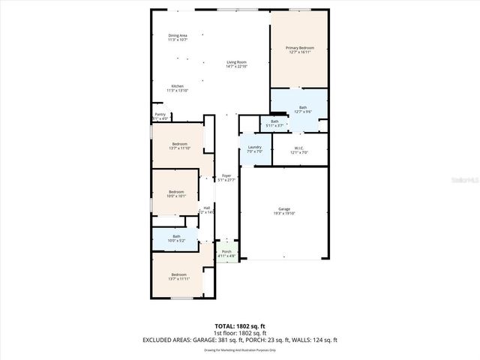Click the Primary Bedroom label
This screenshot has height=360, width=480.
[x=299, y=50]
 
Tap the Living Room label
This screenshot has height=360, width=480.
[x=237, y=64]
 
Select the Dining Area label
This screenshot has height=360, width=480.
[x=178, y=37]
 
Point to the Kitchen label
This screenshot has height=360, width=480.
[x=178, y=88]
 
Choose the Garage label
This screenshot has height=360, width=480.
[x=283, y=211]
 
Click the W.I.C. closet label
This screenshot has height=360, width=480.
[x=298, y=150]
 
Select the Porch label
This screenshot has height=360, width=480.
[x=226, y=254]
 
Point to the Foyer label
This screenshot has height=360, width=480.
[x=226, y=178]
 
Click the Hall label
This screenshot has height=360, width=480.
[x=207, y=210]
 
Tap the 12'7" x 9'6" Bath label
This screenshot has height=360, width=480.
[x=302, y=110]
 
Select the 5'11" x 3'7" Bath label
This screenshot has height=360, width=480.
[x=274, y=124]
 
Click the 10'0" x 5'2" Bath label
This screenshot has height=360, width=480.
[x=176, y=238]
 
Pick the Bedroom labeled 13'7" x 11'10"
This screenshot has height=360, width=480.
[x=179, y=146]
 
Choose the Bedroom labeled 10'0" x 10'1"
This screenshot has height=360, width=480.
[x=176, y=193]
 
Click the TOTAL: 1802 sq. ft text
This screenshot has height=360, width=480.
[x=240, y=326]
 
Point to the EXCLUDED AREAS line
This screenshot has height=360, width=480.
[x=240, y=340]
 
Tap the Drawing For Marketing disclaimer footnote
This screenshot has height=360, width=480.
[x=240, y=349]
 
